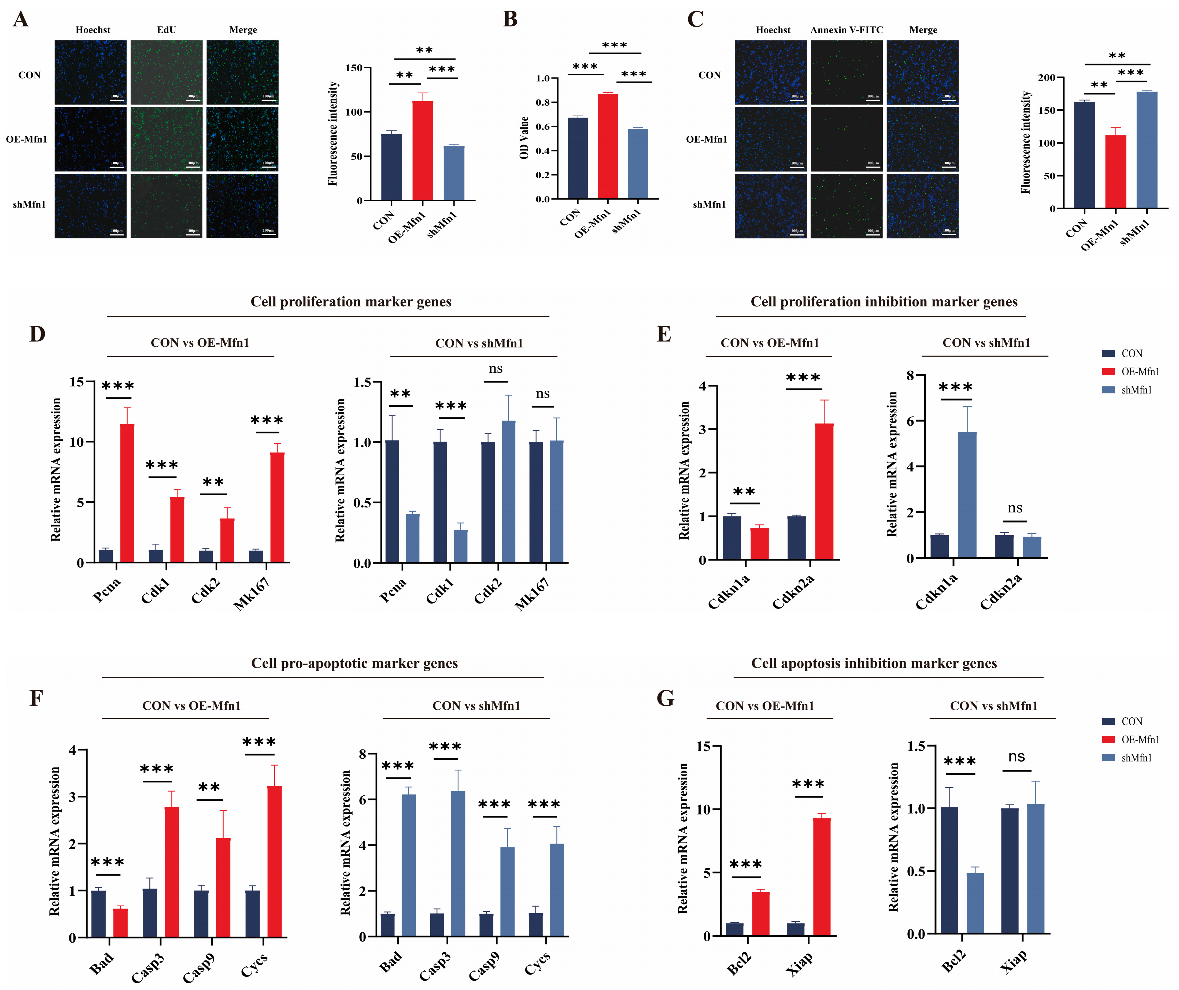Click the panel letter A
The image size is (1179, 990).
(21, 20)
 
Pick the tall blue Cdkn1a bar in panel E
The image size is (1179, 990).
(967, 494)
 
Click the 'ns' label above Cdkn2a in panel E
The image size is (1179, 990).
(1015, 508)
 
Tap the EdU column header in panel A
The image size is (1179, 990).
(166, 30)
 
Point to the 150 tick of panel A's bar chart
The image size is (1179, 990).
(354, 68)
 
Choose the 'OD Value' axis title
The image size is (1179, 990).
(524, 138)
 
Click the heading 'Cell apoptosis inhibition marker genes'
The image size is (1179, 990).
(874, 663)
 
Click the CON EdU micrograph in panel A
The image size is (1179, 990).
(166, 72)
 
